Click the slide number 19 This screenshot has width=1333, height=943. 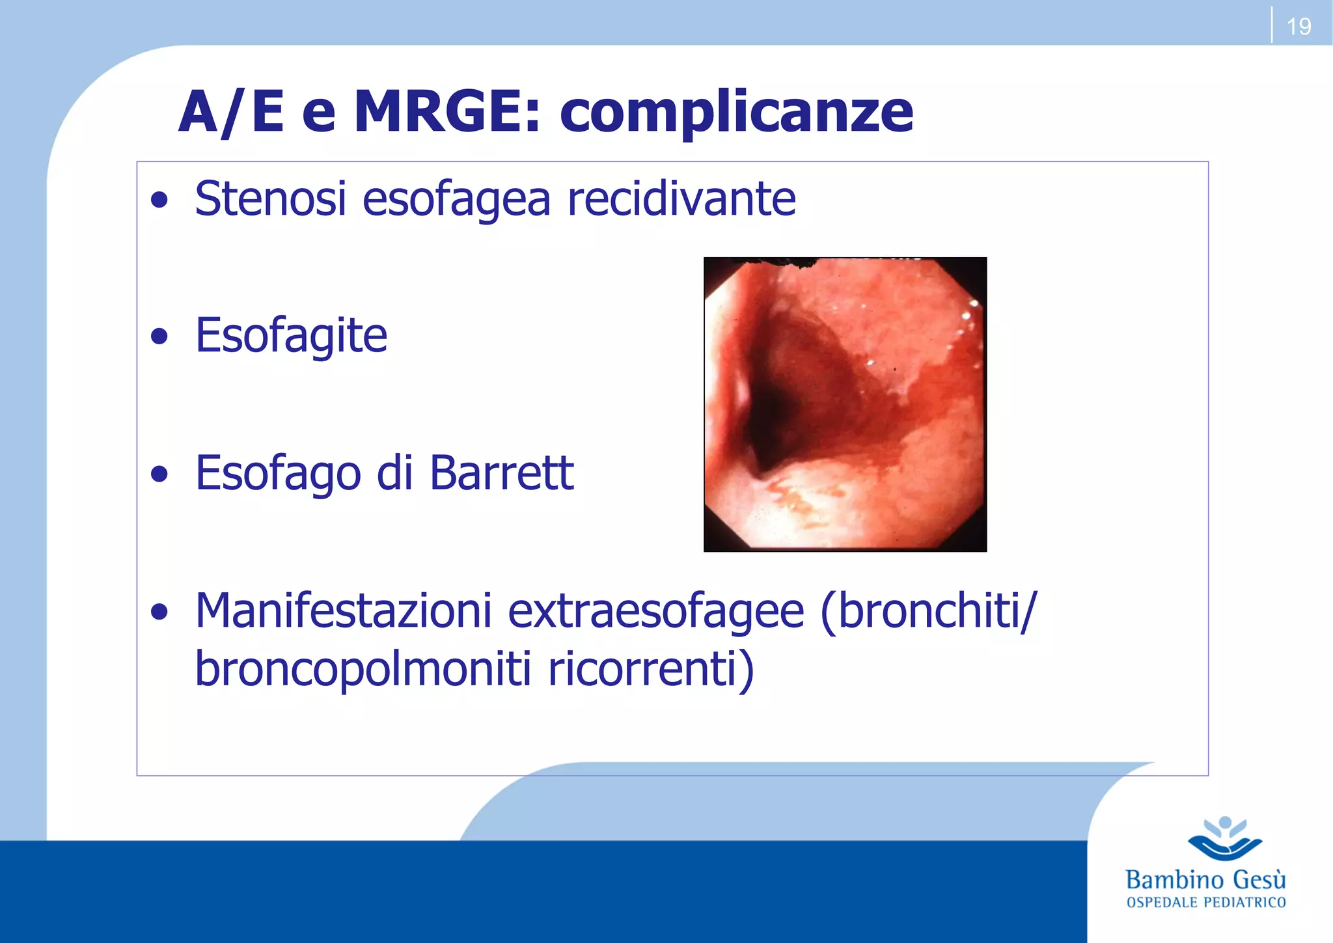pos(1299,27)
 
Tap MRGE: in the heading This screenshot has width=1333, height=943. pos(447,112)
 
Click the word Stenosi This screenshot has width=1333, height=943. pos(270,198)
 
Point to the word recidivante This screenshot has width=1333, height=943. pos(681,198)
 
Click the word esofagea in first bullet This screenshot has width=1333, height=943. pos(456,200)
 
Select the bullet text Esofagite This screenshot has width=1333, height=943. pos(291,336)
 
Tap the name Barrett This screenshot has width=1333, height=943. pos(501,473)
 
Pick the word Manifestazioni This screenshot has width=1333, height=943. pos(343,611)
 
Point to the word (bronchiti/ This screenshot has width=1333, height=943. pos(929,611)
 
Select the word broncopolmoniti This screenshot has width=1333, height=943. pos(363,670)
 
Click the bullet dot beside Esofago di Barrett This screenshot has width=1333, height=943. pos(159,474)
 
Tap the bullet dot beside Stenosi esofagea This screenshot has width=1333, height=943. pos(159,200)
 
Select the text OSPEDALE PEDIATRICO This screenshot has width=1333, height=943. pos(1205,903)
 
